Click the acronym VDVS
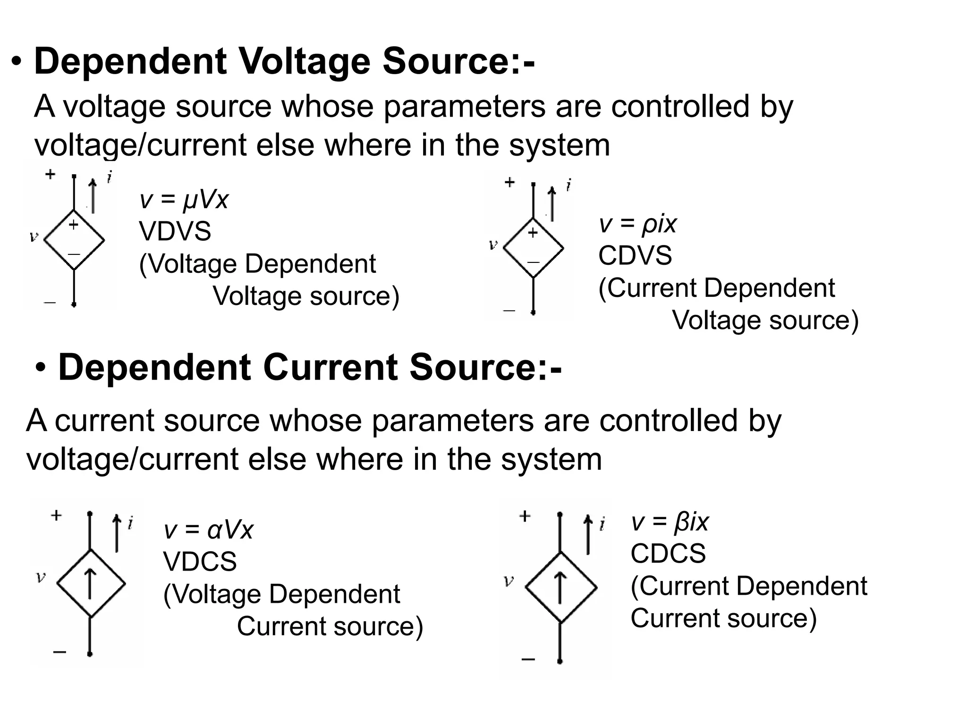pyautogui.click(x=175, y=232)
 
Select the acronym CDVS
pyautogui.click(x=635, y=256)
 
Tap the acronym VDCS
pyautogui.click(x=200, y=562)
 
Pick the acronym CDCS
pyautogui.click(x=668, y=553)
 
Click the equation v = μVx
pyautogui.click(x=184, y=200)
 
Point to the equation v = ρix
pyautogui.click(x=637, y=224)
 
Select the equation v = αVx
pyautogui.click(x=208, y=530)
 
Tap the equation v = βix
pyautogui.click(x=670, y=522)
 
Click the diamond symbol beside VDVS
pyautogui.click(x=74, y=240)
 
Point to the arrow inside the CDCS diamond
pyautogui.click(x=560, y=587)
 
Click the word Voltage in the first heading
pyautogui.click(x=305, y=62)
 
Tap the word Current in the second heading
pyautogui.click(x=330, y=368)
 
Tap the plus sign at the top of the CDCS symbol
pyautogui.click(x=525, y=516)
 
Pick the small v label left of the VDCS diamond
pyautogui.click(x=41, y=576)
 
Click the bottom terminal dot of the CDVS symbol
pyautogui.click(x=533, y=312)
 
